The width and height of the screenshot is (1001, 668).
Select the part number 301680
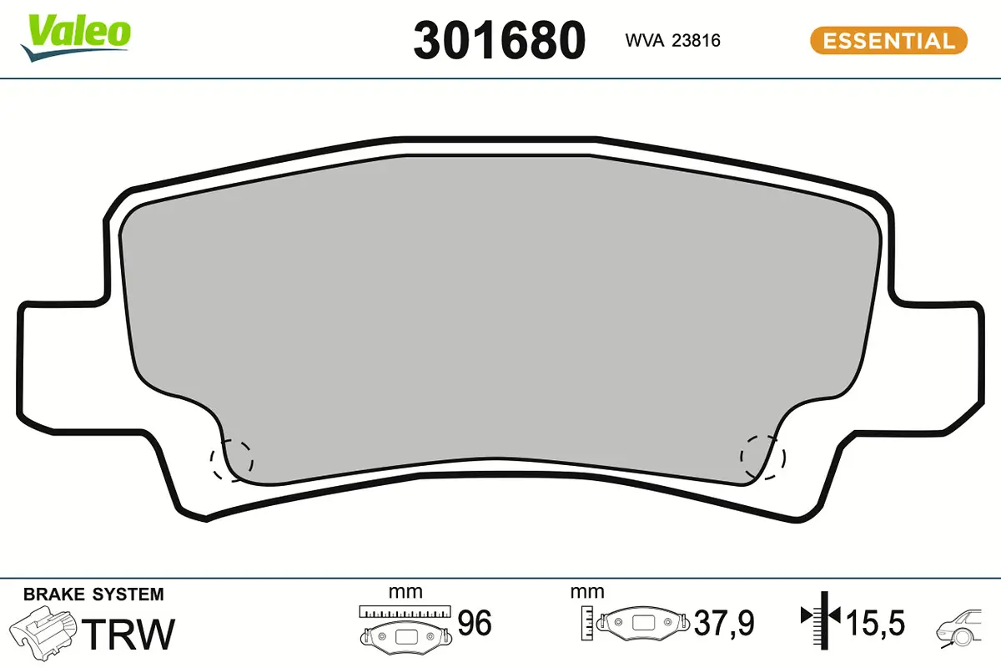pyautogui.click(x=499, y=40)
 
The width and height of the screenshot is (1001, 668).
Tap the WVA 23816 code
pyautogui.click(x=672, y=40)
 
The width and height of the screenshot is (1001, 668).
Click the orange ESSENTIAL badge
pyautogui.click(x=888, y=40)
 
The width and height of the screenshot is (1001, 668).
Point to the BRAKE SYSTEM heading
pyautogui.click(x=93, y=595)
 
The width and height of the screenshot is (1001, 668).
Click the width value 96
pyautogui.click(x=475, y=624)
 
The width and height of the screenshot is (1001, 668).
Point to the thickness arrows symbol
pyautogui.click(x=822, y=617)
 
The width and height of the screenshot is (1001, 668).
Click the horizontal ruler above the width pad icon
pyautogui.click(x=405, y=611)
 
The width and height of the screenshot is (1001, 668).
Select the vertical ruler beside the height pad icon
pyautogui.click(x=589, y=622)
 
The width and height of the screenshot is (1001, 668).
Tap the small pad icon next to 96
pyautogui.click(x=405, y=637)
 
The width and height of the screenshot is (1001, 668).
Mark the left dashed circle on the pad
pyautogui.click(x=232, y=460)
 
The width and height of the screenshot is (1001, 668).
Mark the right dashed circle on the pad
pyautogui.click(x=762, y=458)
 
